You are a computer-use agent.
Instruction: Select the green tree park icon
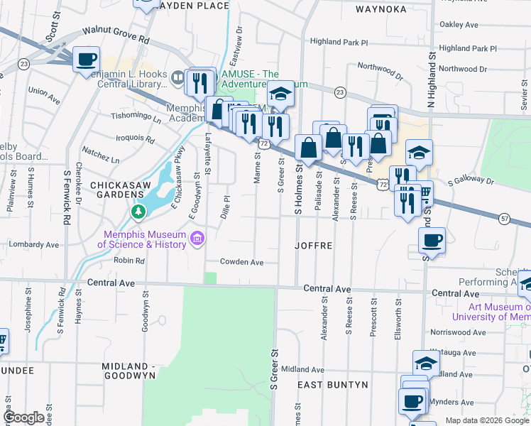(x=138, y=212)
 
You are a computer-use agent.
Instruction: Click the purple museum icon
(x=197, y=239)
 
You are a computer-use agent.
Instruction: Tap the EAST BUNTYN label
(x=332, y=384)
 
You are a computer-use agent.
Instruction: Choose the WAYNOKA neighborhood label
(x=381, y=9)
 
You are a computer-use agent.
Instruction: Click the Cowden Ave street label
(x=241, y=262)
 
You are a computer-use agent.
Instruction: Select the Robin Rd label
(x=129, y=261)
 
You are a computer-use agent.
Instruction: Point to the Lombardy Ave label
(x=33, y=244)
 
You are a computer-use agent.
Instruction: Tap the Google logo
(x=24, y=418)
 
